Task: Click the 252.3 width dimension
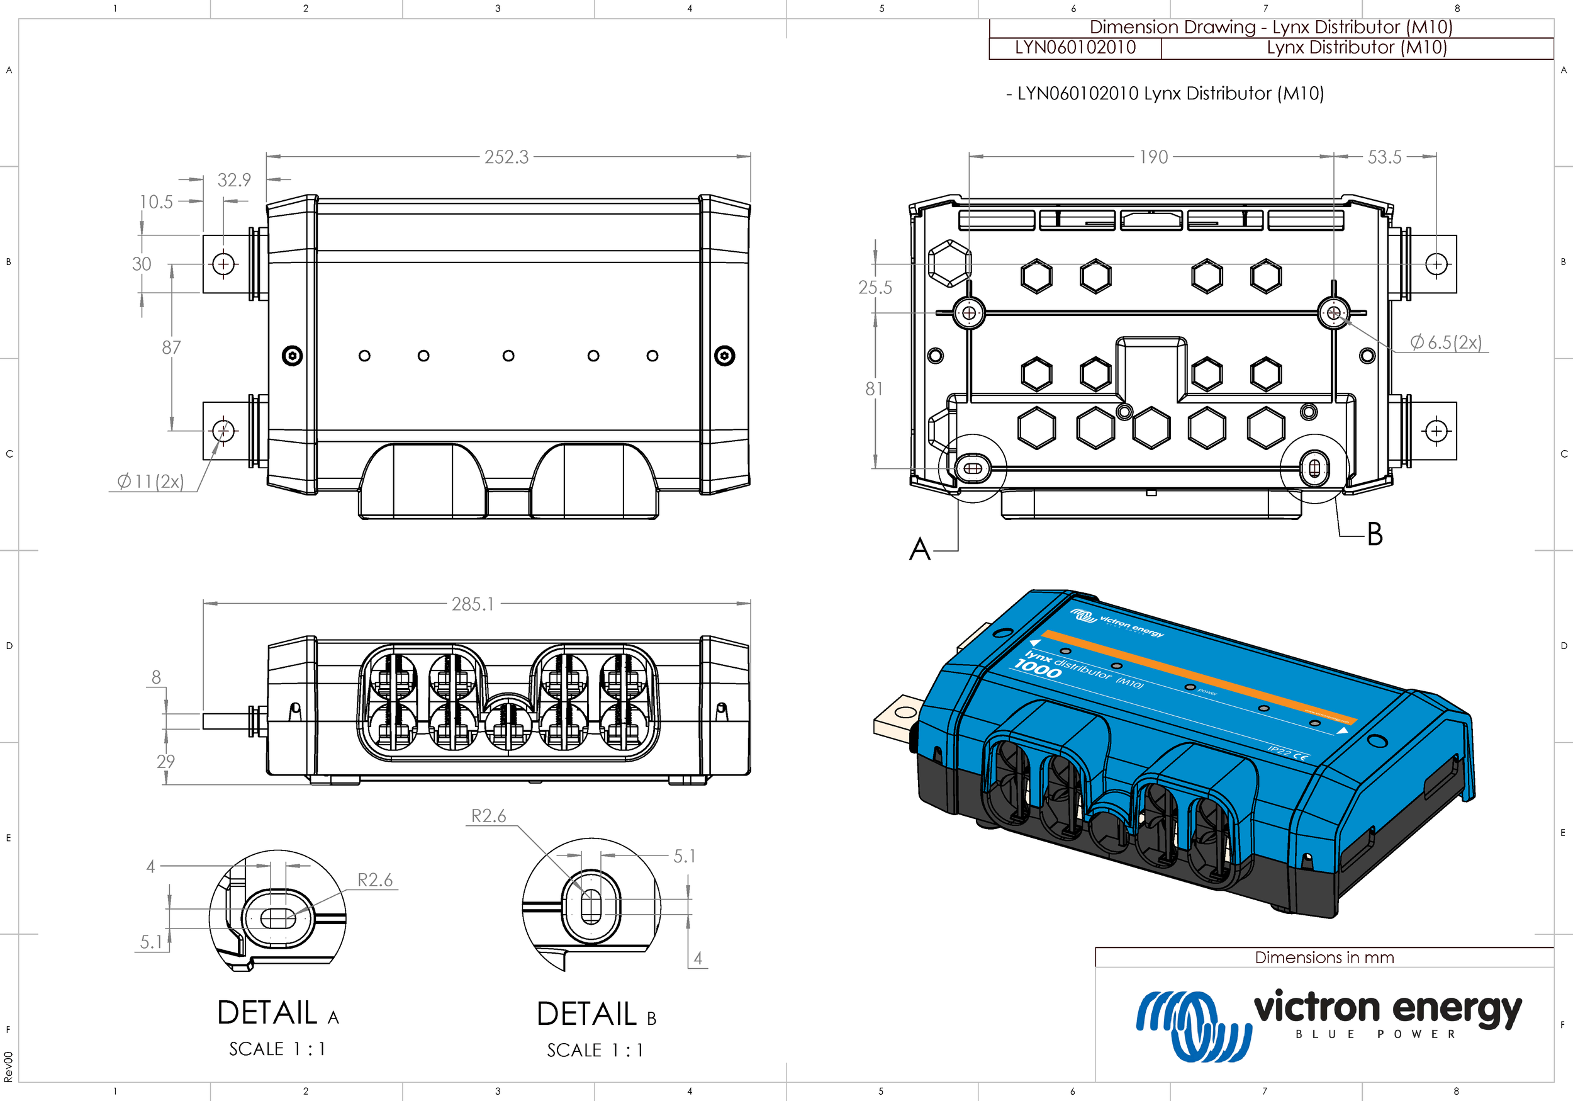507,157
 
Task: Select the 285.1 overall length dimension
472,604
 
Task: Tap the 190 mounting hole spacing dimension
1153,157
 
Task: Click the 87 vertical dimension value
171,347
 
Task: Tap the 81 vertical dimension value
873,388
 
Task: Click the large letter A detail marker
919,549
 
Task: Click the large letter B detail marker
1374,534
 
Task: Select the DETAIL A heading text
277,1013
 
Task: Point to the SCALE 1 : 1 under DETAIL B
595,1050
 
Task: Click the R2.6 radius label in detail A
375,879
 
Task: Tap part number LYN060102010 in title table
1075,47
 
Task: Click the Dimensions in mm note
1324,957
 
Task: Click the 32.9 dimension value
234,179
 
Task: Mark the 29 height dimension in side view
166,761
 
